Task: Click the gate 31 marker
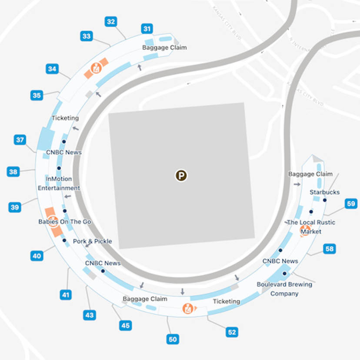point(147,29)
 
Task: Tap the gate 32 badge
point(111,21)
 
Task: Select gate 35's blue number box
point(37,95)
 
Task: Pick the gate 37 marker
point(20,140)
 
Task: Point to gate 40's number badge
point(37,256)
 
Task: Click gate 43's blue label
point(90,315)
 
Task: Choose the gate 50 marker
point(173,339)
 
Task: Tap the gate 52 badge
point(232,332)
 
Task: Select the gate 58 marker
point(330,249)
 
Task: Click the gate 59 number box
point(351,203)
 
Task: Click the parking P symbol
point(181,176)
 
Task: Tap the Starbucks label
point(324,192)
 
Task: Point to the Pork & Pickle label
point(92,241)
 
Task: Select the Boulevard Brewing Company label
point(284,289)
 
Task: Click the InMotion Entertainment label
point(59,183)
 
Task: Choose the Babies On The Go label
point(64,222)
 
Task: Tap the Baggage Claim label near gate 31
point(164,47)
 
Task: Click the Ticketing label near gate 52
point(226,301)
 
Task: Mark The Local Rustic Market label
point(311,227)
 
